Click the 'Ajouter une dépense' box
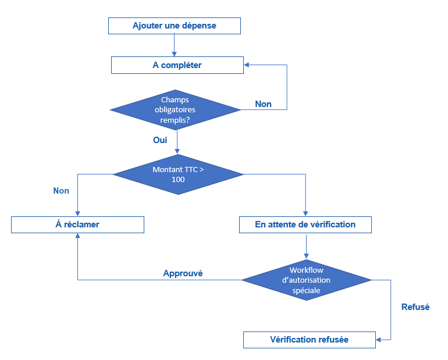coord(174,26)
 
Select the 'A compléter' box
coord(177,65)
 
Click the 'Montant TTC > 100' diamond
coord(177,174)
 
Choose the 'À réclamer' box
coord(77,224)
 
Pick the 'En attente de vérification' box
coord(305,224)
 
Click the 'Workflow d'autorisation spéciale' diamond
coord(306,280)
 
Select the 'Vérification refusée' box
coord(309,340)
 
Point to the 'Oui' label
coord(160,140)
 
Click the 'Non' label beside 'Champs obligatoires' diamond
coord(263,104)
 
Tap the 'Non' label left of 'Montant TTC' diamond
coord(61,191)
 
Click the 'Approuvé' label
coord(183,273)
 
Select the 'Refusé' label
coord(415,307)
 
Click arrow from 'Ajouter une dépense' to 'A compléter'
coord(174,45)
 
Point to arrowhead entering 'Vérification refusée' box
coord(379,340)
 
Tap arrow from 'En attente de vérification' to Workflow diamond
coord(306,245)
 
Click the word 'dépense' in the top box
coord(200,26)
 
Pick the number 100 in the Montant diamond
coord(178,180)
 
